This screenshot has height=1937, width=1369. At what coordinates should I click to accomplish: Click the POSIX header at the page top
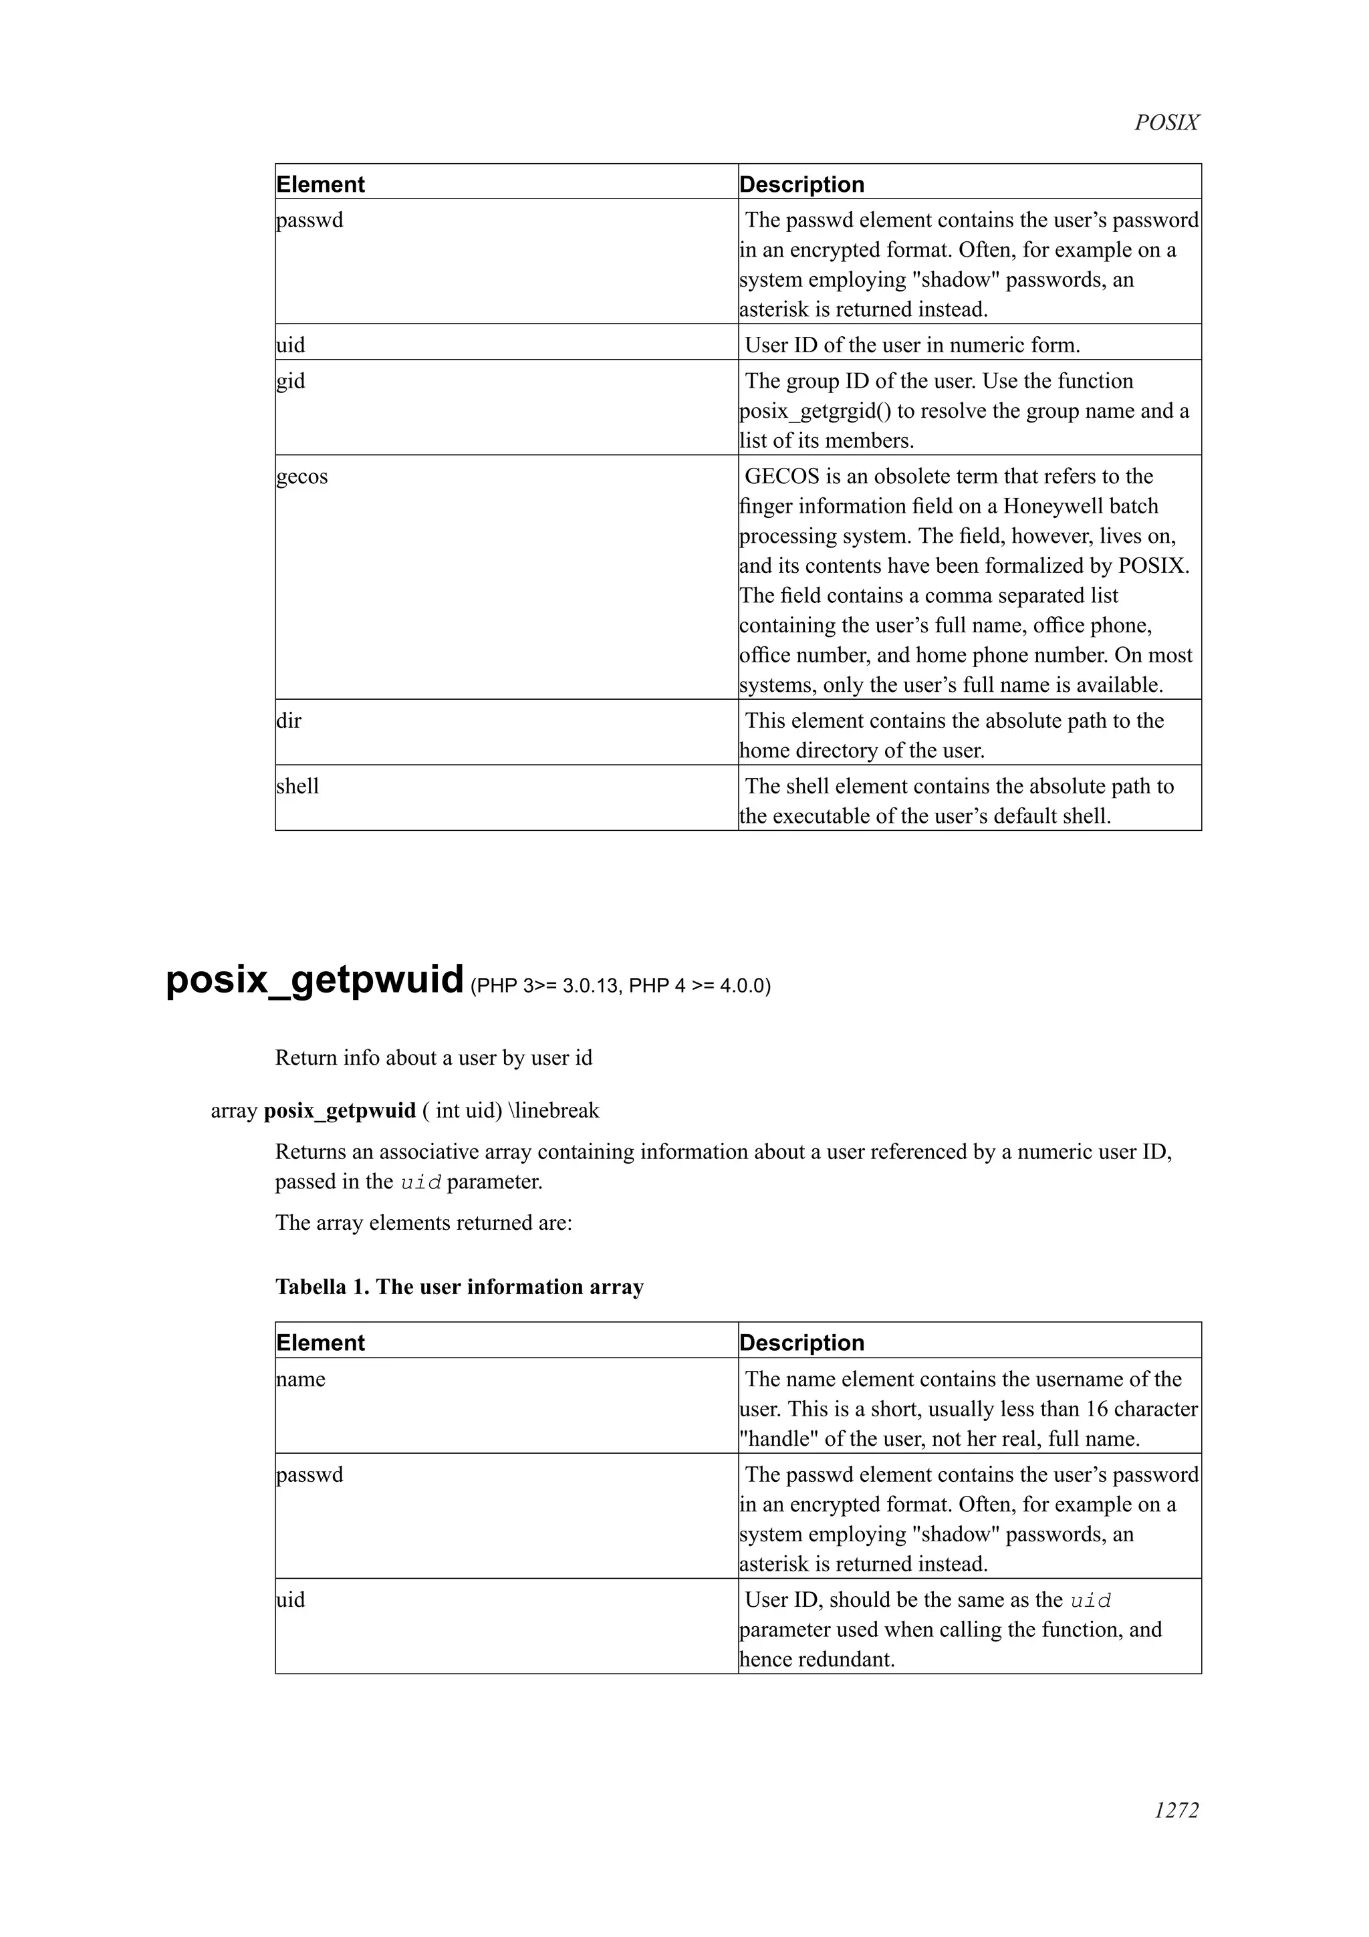[1166, 123]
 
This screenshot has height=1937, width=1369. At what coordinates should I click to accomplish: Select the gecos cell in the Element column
[302, 477]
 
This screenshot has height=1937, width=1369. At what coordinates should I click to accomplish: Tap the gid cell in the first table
[291, 382]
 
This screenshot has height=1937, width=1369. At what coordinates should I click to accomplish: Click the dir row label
[289, 721]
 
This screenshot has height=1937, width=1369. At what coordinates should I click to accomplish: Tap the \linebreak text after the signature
[553, 1110]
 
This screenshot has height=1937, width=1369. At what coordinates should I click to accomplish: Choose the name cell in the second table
[301, 1380]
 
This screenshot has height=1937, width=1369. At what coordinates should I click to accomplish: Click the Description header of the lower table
[801, 1343]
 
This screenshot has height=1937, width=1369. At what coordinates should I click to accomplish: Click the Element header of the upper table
[321, 184]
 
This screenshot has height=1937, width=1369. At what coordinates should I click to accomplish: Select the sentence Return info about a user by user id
[434, 1058]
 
